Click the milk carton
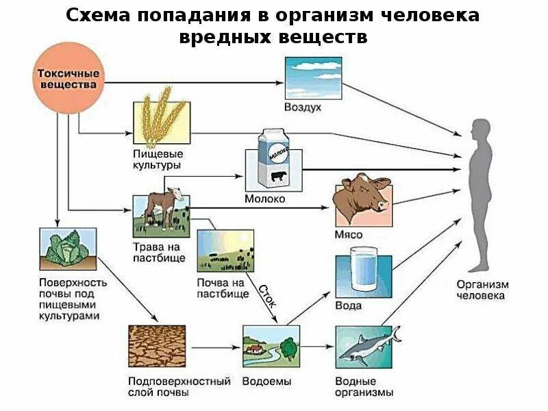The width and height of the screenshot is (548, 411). pyautogui.click(x=274, y=160)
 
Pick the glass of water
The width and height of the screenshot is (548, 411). pyautogui.click(x=362, y=273)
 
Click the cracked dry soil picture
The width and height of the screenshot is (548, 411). pyautogui.click(x=157, y=347)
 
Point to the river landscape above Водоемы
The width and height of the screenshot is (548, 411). pyautogui.click(x=271, y=347)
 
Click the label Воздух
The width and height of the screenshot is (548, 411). pyautogui.click(x=303, y=108)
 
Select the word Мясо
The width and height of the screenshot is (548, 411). pyautogui.click(x=349, y=234)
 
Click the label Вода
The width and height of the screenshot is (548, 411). pyautogui.click(x=348, y=306)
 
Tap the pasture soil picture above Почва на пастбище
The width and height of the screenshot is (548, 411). pyautogui.click(x=221, y=251)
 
